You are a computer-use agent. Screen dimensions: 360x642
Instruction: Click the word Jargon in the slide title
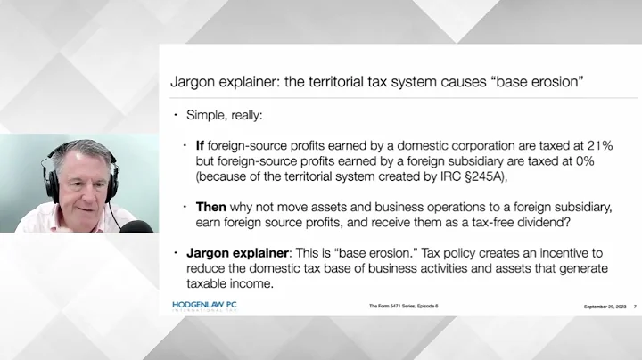pos(192,82)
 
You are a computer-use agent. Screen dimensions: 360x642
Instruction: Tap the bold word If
pos(200,144)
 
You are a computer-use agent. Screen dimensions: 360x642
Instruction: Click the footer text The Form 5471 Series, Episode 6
pos(404,307)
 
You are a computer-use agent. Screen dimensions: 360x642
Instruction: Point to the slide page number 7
pos(634,307)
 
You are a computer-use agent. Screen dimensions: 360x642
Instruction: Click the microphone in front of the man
pos(136,228)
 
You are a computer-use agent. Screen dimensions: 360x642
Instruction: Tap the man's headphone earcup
pos(54,182)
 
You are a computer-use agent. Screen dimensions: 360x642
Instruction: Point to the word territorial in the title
pos(333,82)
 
